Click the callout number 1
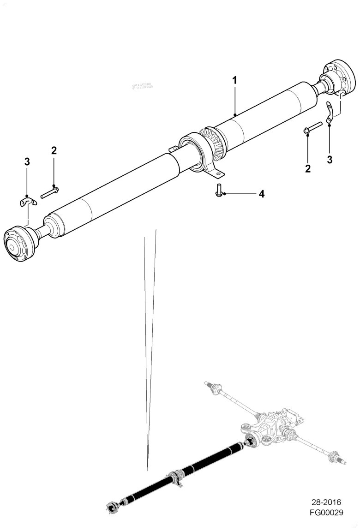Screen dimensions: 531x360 [234, 80]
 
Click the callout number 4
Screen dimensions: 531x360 [261, 194]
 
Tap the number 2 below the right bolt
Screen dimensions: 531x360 [308, 168]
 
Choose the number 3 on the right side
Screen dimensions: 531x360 [330, 160]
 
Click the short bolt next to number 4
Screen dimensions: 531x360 [218, 191]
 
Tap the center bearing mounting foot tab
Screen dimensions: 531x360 [216, 173]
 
